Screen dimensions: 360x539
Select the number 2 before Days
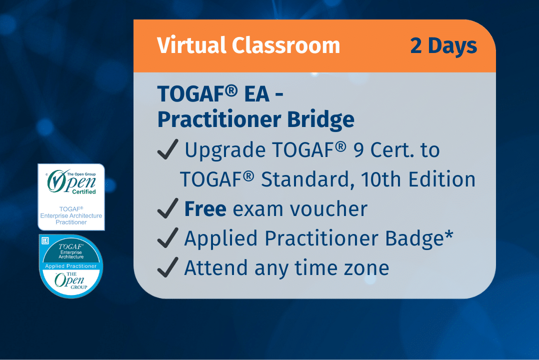click(416, 46)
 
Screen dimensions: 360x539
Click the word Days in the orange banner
click(452, 46)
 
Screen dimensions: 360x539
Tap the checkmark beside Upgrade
click(167, 150)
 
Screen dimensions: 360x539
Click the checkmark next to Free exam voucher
click(167, 209)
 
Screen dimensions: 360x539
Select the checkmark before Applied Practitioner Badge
click(167, 238)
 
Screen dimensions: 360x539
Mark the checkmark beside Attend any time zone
click(167, 268)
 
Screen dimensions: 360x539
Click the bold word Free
click(205, 209)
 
